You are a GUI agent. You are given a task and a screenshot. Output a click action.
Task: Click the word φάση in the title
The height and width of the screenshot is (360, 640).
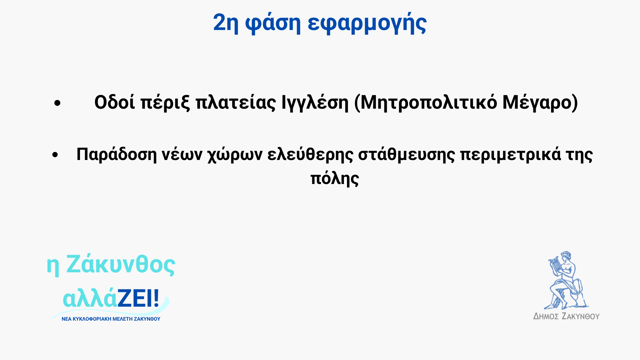[x=273, y=23]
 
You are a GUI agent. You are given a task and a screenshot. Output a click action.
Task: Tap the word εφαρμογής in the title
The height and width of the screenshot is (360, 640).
[x=367, y=23]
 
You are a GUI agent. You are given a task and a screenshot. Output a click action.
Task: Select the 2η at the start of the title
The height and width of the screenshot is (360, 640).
[x=226, y=23]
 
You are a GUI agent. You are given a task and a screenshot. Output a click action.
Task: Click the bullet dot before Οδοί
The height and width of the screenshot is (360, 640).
[x=57, y=103]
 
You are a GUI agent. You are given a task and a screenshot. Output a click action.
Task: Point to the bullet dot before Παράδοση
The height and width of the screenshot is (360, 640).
[x=55, y=155]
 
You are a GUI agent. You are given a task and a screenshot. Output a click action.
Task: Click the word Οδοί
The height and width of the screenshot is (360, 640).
[x=115, y=102]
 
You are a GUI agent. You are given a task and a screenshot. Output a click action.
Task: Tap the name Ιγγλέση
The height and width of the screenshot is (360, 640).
[x=315, y=103]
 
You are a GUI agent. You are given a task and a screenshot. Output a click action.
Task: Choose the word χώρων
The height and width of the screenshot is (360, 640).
[x=235, y=154]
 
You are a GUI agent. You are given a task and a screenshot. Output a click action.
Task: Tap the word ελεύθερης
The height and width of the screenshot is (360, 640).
[x=310, y=154]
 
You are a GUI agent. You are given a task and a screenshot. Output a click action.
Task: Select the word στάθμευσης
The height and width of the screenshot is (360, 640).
[x=406, y=154]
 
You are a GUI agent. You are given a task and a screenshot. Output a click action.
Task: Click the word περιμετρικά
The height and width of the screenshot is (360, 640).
[x=511, y=154]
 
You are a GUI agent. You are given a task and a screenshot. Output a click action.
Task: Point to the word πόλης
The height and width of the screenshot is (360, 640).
[x=335, y=179]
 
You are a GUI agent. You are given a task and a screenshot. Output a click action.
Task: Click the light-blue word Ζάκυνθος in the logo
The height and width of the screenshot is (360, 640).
[x=121, y=264]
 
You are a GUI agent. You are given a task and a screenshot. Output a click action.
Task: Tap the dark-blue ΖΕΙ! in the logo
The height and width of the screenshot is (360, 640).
[x=138, y=298]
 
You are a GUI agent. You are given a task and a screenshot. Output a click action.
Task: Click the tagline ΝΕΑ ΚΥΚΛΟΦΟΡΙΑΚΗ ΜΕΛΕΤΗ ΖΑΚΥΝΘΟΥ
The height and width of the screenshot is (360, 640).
[x=111, y=319]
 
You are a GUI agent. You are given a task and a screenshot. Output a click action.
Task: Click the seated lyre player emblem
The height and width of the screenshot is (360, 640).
[x=566, y=280]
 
